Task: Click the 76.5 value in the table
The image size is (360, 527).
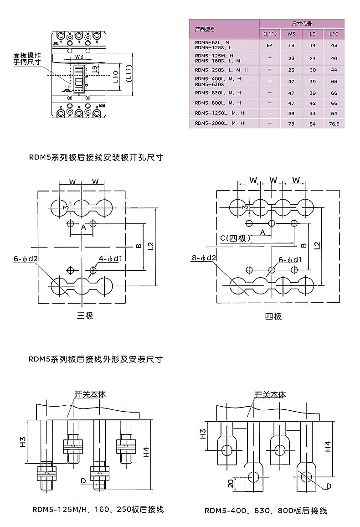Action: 334,123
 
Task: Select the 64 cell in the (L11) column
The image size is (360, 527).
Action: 270,45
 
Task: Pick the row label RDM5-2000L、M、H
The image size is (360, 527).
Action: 219,123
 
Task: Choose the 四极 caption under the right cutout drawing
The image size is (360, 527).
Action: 273,316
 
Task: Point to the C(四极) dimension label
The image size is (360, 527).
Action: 232,238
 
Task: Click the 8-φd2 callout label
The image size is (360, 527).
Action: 204,258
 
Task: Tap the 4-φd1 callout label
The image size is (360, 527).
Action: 111,259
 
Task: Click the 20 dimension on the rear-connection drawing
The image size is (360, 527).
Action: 231,483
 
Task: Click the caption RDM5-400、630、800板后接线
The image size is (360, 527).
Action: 266,511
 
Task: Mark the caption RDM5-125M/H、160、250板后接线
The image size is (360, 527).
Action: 98,510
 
